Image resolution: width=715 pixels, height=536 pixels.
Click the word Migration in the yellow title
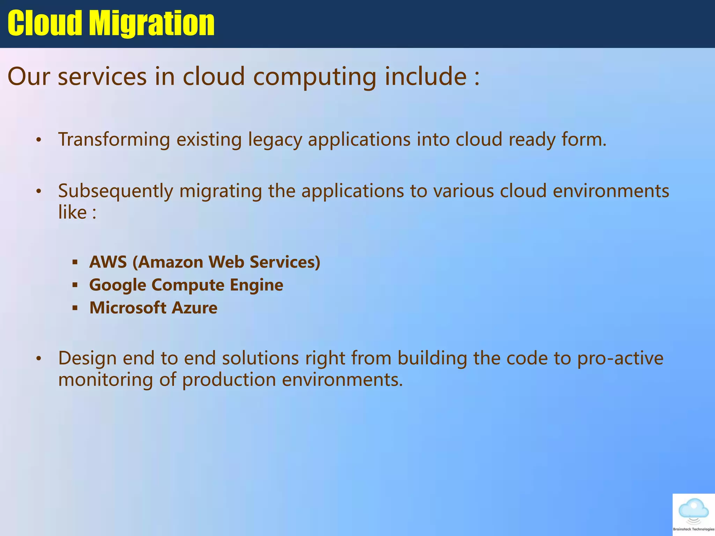pos(152,23)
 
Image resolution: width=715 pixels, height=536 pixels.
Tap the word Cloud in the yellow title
pos(45,23)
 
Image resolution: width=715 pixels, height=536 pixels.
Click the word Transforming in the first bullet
pos(114,140)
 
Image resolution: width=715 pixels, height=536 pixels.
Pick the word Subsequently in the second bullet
pos(116,191)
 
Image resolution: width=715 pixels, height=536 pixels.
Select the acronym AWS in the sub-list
pos(108,262)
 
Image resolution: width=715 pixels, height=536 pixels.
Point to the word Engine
pos(257,285)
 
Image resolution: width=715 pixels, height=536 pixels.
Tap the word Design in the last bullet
pos(87,358)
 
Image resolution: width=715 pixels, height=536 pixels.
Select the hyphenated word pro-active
pos(620,358)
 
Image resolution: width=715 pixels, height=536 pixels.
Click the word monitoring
pos(105,380)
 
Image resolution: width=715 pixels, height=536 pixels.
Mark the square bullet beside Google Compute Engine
pos(75,285)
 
